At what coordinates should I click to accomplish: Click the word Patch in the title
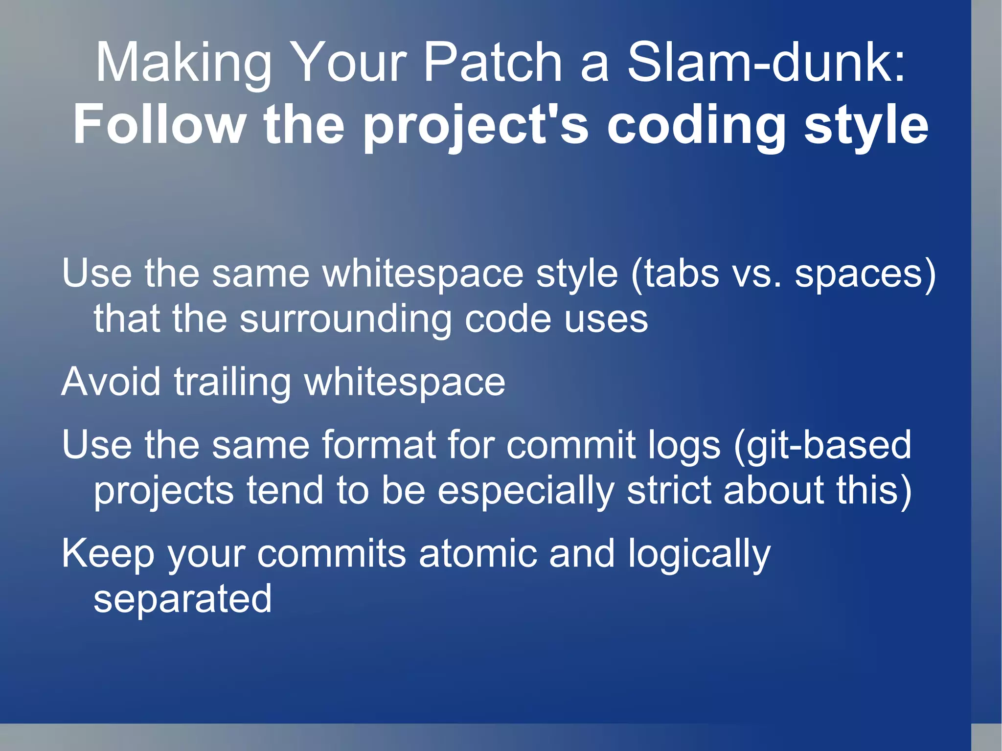pos(492,63)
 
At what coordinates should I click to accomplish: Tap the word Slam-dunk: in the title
pos(766,63)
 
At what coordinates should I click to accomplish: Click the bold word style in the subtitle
pos(866,126)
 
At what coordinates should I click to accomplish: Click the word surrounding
pos(345,319)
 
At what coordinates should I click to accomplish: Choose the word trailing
pos(233,383)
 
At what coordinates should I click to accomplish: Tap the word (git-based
pos(822,446)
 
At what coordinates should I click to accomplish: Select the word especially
pos(525,491)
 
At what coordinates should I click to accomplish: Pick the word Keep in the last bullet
pos(108,554)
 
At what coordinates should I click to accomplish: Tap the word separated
pos(182,599)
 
